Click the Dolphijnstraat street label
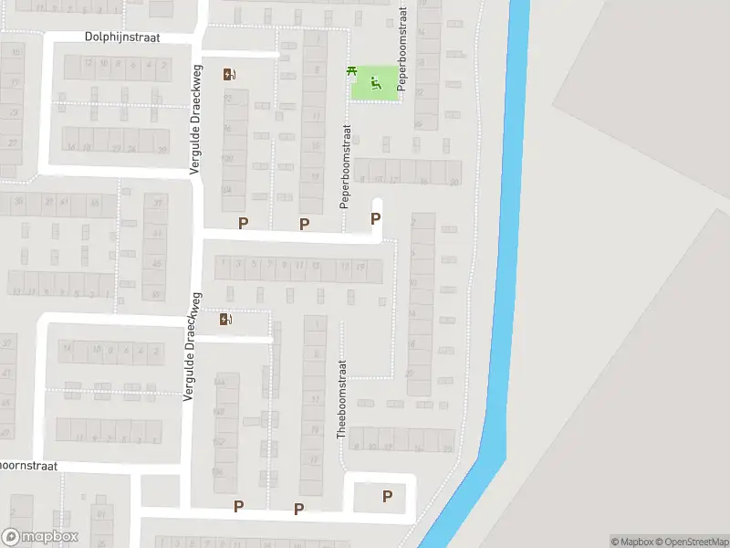point(123,37)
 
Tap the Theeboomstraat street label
point(343,398)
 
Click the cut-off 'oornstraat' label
point(29,466)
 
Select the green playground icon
point(376,85)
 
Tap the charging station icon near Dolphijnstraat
point(227,75)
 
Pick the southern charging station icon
point(225,319)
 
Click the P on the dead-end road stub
point(375,219)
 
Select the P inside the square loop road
point(387,497)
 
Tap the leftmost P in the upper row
point(243,224)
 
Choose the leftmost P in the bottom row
point(238,506)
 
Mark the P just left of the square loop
point(298,509)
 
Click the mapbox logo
point(40,537)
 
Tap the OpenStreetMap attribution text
point(692,542)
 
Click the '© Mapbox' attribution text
point(633,542)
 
